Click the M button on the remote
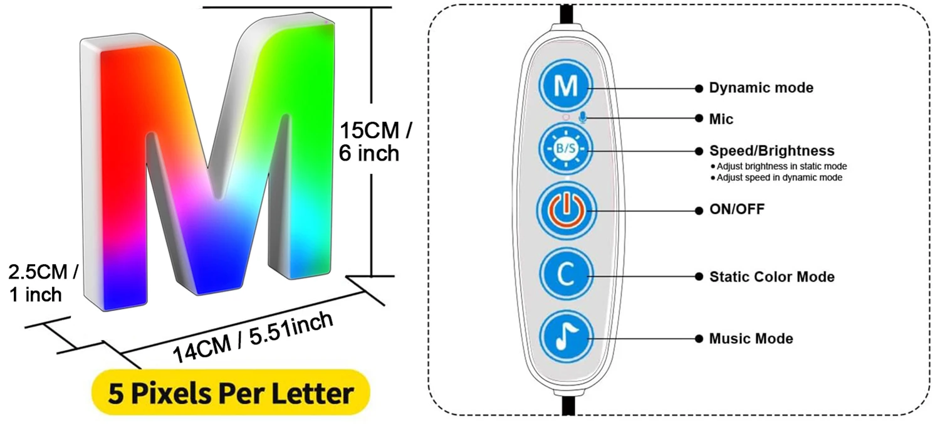(566, 86)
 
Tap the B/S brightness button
(565, 149)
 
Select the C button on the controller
(565, 274)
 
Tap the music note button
(565, 337)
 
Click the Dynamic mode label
(761, 88)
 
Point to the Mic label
(721, 119)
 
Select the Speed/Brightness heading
(771, 151)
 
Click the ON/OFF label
(736, 209)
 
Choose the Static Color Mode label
(771, 276)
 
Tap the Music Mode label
(751, 339)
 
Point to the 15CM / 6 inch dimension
(375, 142)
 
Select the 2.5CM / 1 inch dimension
(43, 282)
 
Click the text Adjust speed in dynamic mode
(779, 178)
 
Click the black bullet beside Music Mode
(698, 339)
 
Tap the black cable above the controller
(566, 13)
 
